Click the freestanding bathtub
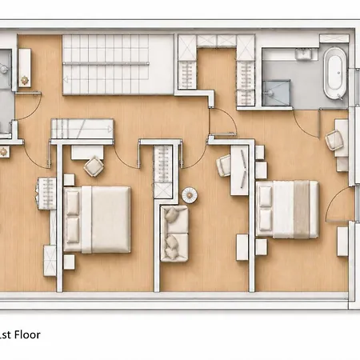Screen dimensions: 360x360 [x=335, y=74]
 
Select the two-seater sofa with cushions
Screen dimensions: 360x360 [x=174, y=234]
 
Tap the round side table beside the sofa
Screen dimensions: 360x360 [x=190, y=195]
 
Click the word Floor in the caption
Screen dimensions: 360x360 [x=27, y=334]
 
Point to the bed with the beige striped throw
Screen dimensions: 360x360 [x=287, y=210]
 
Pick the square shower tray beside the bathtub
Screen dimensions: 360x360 [x=276, y=93]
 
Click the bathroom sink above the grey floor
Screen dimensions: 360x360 [x=302, y=54]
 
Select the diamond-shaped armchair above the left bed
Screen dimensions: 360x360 [x=94, y=166]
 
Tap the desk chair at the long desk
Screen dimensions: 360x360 [x=224, y=166]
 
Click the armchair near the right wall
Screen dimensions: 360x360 [x=334, y=140]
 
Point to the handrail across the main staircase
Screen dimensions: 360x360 [x=106, y=63]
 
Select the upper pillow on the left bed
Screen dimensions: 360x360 [x=73, y=202]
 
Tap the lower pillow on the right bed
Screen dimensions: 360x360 [x=266, y=220]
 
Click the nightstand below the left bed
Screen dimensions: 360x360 [x=69, y=262]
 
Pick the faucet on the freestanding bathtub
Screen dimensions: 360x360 [x=340, y=97]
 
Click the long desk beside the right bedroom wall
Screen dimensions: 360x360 [x=239, y=170]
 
